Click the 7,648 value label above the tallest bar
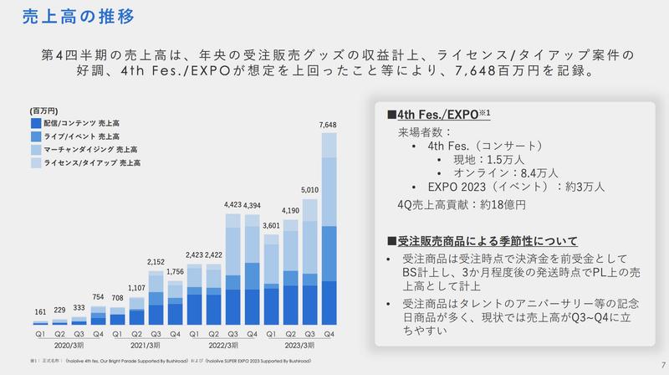[329, 125]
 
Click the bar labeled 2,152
[156, 297]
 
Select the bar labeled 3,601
[271, 280]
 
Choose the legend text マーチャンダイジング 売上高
[88, 148]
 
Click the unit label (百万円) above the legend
[43, 110]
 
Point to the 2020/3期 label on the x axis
[68, 345]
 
